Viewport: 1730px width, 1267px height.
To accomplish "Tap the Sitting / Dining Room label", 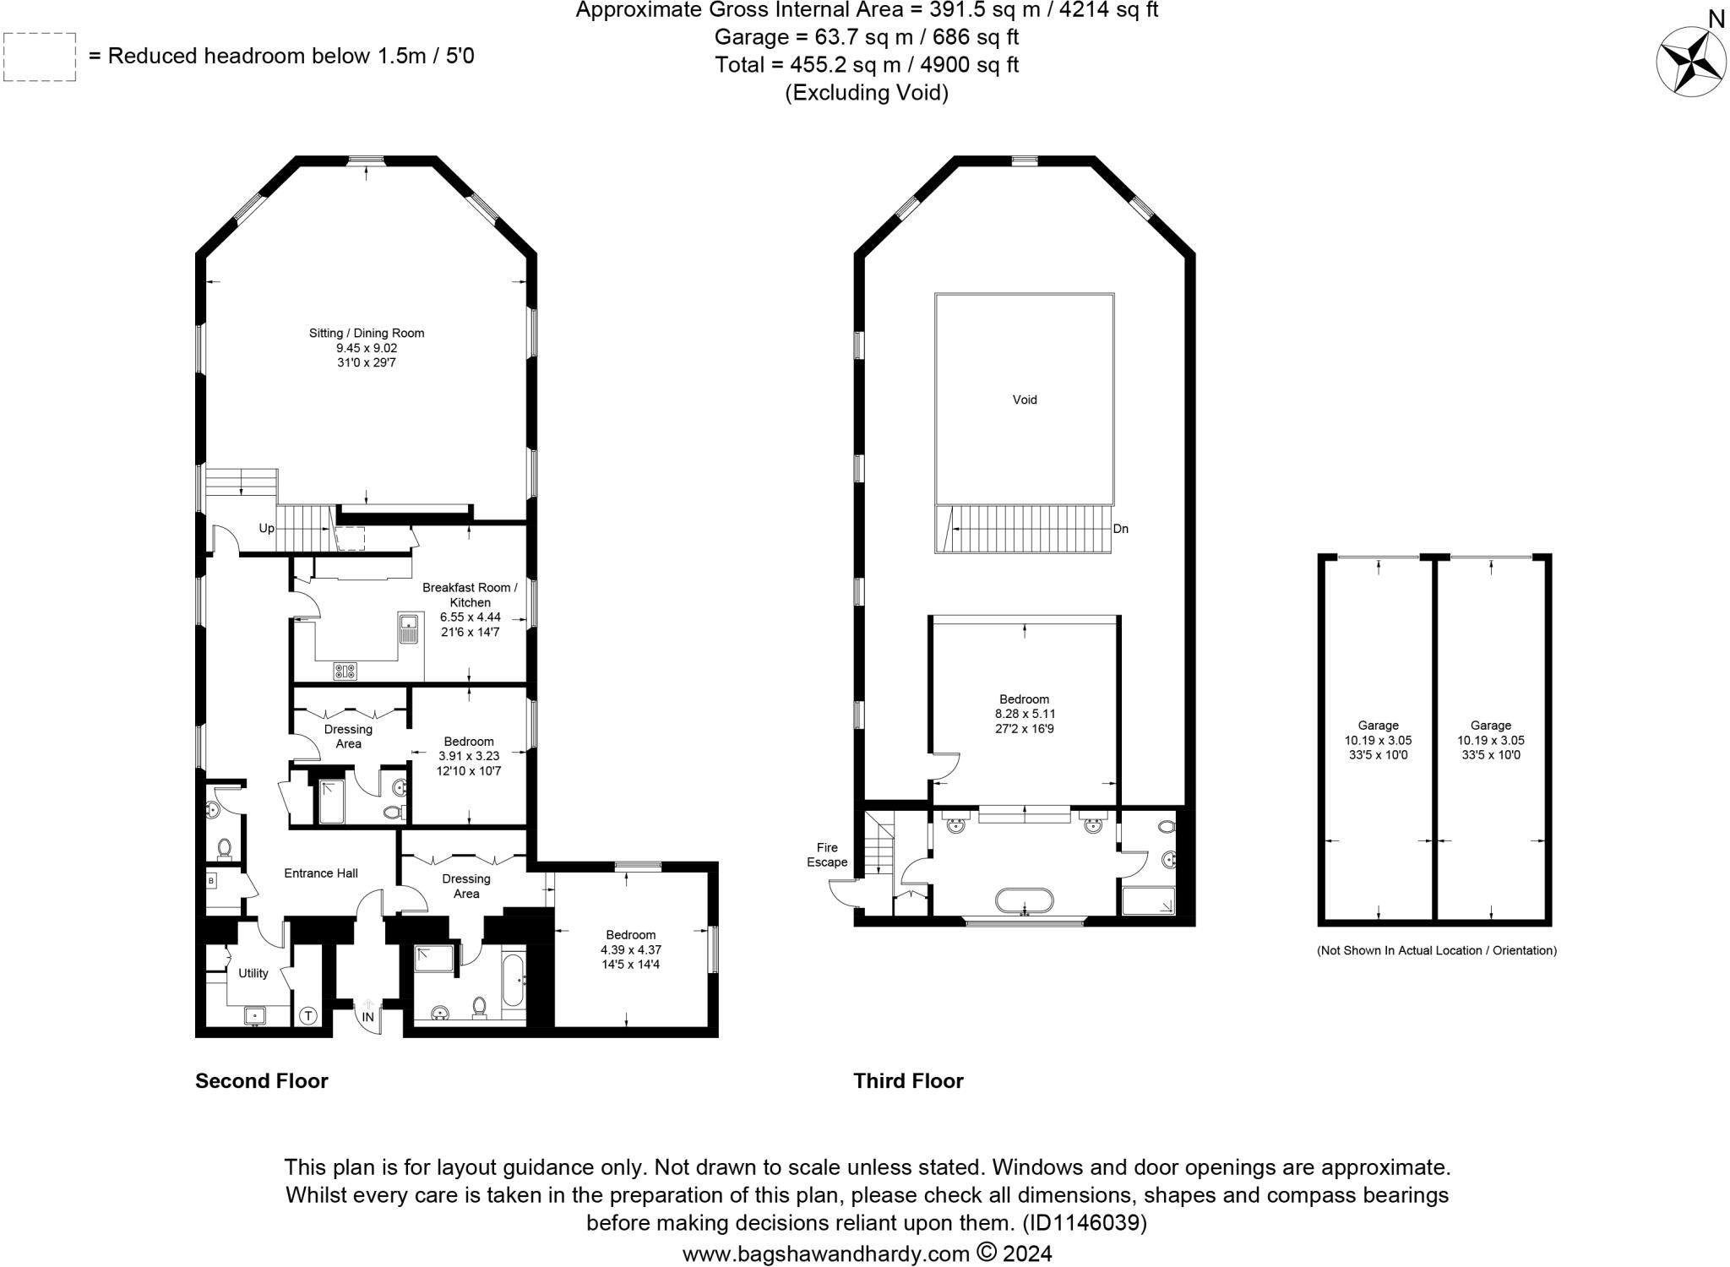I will click(367, 333).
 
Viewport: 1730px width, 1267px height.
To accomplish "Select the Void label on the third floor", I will click(1025, 400).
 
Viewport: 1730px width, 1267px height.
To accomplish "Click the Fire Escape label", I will click(827, 855).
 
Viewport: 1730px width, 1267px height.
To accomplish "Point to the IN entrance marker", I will click(368, 1017).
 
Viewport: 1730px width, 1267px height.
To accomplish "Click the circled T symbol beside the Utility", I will click(308, 1016).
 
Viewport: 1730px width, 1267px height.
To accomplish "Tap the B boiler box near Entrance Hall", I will click(211, 881).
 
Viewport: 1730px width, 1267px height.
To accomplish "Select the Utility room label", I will click(253, 973).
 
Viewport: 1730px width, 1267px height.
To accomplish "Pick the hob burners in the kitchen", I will click(345, 672).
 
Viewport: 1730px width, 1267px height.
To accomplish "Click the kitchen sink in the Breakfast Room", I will click(408, 628).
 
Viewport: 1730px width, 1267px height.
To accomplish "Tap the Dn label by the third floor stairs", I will click(1121, 530).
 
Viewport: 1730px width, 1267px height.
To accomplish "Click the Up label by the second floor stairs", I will click(266, 529).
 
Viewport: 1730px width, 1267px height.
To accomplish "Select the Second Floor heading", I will click(261, 1081).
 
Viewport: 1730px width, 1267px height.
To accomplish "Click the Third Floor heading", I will click(908, 1081).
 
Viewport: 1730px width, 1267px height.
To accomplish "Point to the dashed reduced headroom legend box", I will click(40, 57).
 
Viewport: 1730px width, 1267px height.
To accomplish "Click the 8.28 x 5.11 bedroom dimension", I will click(1025, 714).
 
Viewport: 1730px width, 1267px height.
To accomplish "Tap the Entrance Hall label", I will click(321, 873).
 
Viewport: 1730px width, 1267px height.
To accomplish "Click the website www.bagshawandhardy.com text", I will click(825, 1253).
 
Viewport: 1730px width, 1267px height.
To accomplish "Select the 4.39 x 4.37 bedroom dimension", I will click(630, 949).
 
